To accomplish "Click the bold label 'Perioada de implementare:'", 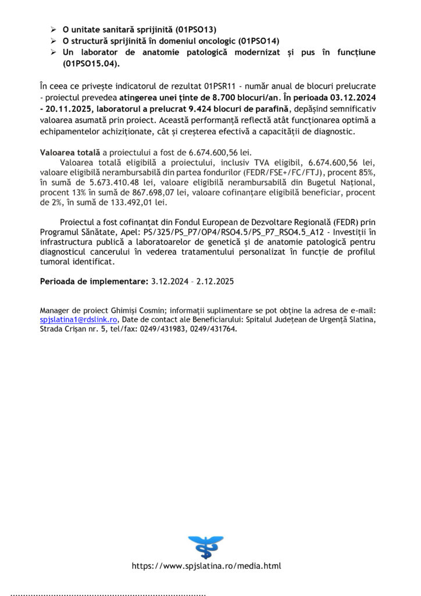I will tap(93, 281).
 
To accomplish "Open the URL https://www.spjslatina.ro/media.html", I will tap(206, 566).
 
